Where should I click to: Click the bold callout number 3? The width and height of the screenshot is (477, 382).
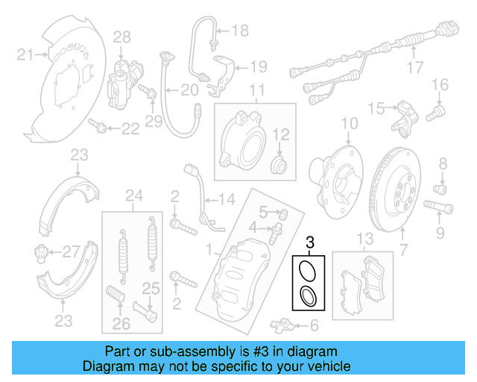[x=311, y=242]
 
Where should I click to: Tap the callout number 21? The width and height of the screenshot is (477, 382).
[x=25, y=54]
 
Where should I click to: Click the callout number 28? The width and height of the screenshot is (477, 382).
[x=121, y=36]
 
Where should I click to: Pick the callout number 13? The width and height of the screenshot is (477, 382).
[x=364, y=239]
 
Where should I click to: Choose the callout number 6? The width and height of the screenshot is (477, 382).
[x=314, y=325]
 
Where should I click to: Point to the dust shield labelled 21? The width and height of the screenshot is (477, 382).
[x=67, y=82]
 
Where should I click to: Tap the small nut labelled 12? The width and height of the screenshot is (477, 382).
[x=279, y=163]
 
